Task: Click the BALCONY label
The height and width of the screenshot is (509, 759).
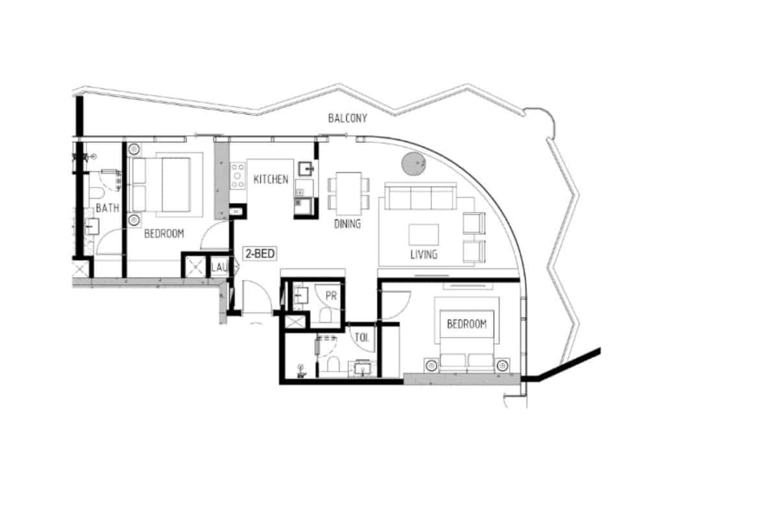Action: pos(347,118)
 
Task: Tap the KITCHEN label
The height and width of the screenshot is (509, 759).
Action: pos(271,180)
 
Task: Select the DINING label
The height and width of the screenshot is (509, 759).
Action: pos(347,224)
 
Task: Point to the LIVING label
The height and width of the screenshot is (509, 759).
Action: pos(424,254)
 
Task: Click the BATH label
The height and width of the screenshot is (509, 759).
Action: pos(108,208)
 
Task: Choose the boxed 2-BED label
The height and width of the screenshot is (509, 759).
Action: pos(260,254)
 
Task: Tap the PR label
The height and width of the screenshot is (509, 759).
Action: pos(331,296)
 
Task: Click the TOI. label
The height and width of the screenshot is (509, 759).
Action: pos(362,338)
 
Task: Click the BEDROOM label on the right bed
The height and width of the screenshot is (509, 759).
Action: pos(466,324)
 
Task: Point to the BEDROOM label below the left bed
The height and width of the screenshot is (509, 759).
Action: pos(164,233)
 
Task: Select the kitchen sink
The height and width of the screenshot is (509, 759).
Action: pos(306,169)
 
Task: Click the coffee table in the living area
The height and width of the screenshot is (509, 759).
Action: pos(424,235)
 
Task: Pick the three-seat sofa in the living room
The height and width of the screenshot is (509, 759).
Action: pos(420,196)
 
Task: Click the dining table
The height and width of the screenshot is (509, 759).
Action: pos(348,193)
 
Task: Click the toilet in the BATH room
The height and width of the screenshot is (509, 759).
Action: pos(97,194)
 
